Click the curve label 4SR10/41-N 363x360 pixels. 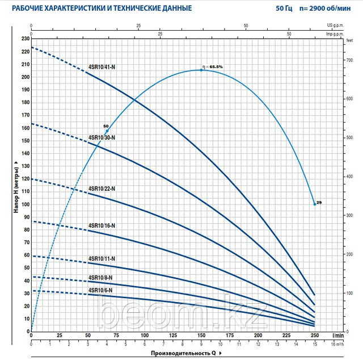(102, 67)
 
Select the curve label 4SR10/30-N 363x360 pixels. (102, 137)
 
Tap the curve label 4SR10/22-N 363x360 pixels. (102, 189)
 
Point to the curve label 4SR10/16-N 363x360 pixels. (102, 225)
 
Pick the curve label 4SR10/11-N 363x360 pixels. (102, 258)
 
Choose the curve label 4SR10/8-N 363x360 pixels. (101, 278)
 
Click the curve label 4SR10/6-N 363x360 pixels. (101, 290)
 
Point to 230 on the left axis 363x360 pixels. (24, 39)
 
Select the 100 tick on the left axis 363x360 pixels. (24, 204)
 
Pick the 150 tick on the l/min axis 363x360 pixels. (201, 336)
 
